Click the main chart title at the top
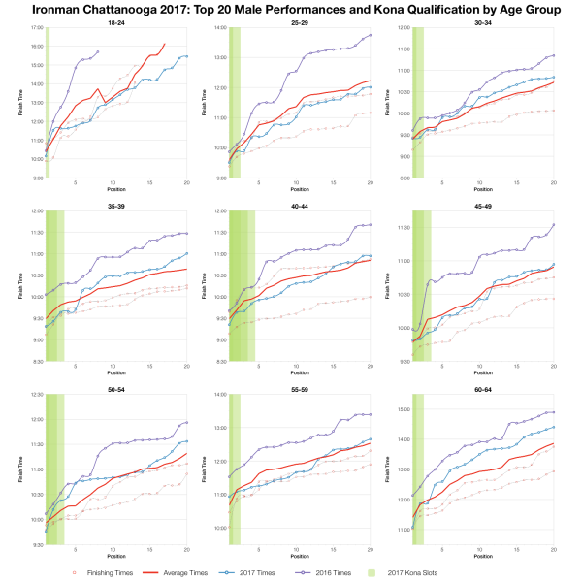pyautogui.click(x=291, y=9)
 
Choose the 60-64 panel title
pyautogui.click(x=483, y=388)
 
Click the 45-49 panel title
pyautogui.click(x=483, y=205)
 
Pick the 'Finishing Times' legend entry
pyautogui.click(x=101, y=572)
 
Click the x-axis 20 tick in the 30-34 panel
pyautogui.click(x=554, y=183)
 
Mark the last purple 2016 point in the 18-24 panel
pyautogui.click(x=98, y=51)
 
